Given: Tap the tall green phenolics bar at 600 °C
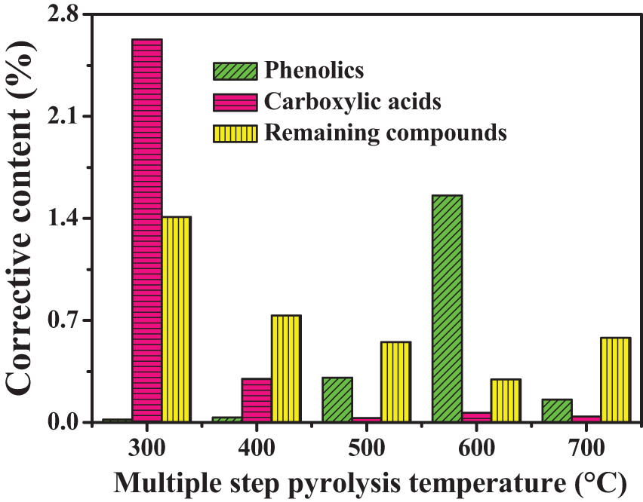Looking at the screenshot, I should point(447,308).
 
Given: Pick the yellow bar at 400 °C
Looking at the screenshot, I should point(286,369).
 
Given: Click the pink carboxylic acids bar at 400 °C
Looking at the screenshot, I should point(257,400).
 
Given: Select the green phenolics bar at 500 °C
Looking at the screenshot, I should point(337,399).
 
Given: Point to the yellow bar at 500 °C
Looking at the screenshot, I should point(395,381).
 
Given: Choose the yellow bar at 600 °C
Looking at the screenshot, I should point(506,400).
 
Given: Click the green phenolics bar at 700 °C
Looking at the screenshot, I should point(556,410).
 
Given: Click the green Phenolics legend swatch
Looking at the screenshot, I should point(235,71).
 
